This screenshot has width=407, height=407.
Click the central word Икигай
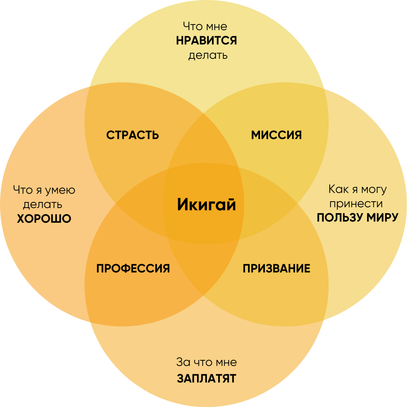(x=207, y=205)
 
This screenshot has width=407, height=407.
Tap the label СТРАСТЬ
(x=133, y=135)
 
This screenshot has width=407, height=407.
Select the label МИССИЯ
(x=277, y=135)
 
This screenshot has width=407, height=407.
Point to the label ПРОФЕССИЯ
(x=133, y=269)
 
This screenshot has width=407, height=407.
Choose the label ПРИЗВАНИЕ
(x=276, y=269)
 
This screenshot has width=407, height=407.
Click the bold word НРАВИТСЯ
(x=207, y=41)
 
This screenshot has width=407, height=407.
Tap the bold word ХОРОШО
(x=44, y=219)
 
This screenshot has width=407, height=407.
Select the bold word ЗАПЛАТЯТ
(x=207, y=378)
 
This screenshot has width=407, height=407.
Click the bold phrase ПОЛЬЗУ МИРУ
(x=358, y=218)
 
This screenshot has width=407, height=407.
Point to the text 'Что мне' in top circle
(x=205, y=26)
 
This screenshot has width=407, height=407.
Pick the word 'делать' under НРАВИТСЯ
(x=208, y=55)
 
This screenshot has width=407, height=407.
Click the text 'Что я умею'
(x=44, y=190)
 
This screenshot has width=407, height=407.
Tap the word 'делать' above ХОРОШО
(x=43, y=205)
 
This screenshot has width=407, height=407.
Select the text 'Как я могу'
(x=358, y=189)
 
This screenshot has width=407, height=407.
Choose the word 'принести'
(x=356, y=204)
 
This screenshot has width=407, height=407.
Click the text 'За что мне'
(x=207, y=363)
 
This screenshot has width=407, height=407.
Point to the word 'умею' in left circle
(x=60, y=190)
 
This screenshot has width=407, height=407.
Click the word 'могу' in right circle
(x=373, y=189)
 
